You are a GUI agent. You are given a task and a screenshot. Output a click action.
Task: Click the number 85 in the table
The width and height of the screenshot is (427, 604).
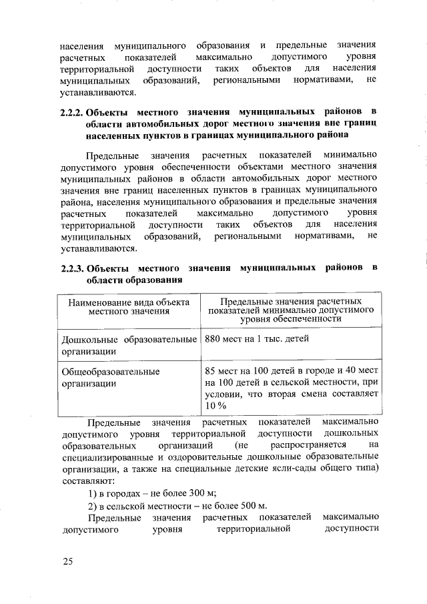(212, 371)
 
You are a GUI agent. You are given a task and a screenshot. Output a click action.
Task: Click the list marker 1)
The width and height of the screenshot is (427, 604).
(95, 493)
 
